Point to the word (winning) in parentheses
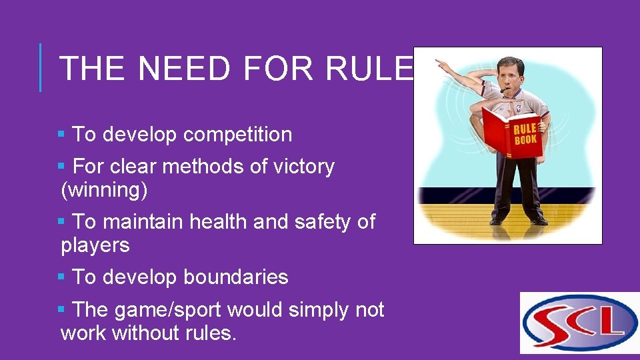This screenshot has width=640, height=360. click(x=104, y=190)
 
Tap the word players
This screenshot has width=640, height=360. click(x=95, y=245)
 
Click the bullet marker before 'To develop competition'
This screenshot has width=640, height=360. click(x=62, y=135)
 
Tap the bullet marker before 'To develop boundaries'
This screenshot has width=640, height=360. click(x=62, y=277)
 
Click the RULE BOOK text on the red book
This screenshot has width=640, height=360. click(x=525, y=135)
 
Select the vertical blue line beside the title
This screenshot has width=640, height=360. click(x=41, y=67)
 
